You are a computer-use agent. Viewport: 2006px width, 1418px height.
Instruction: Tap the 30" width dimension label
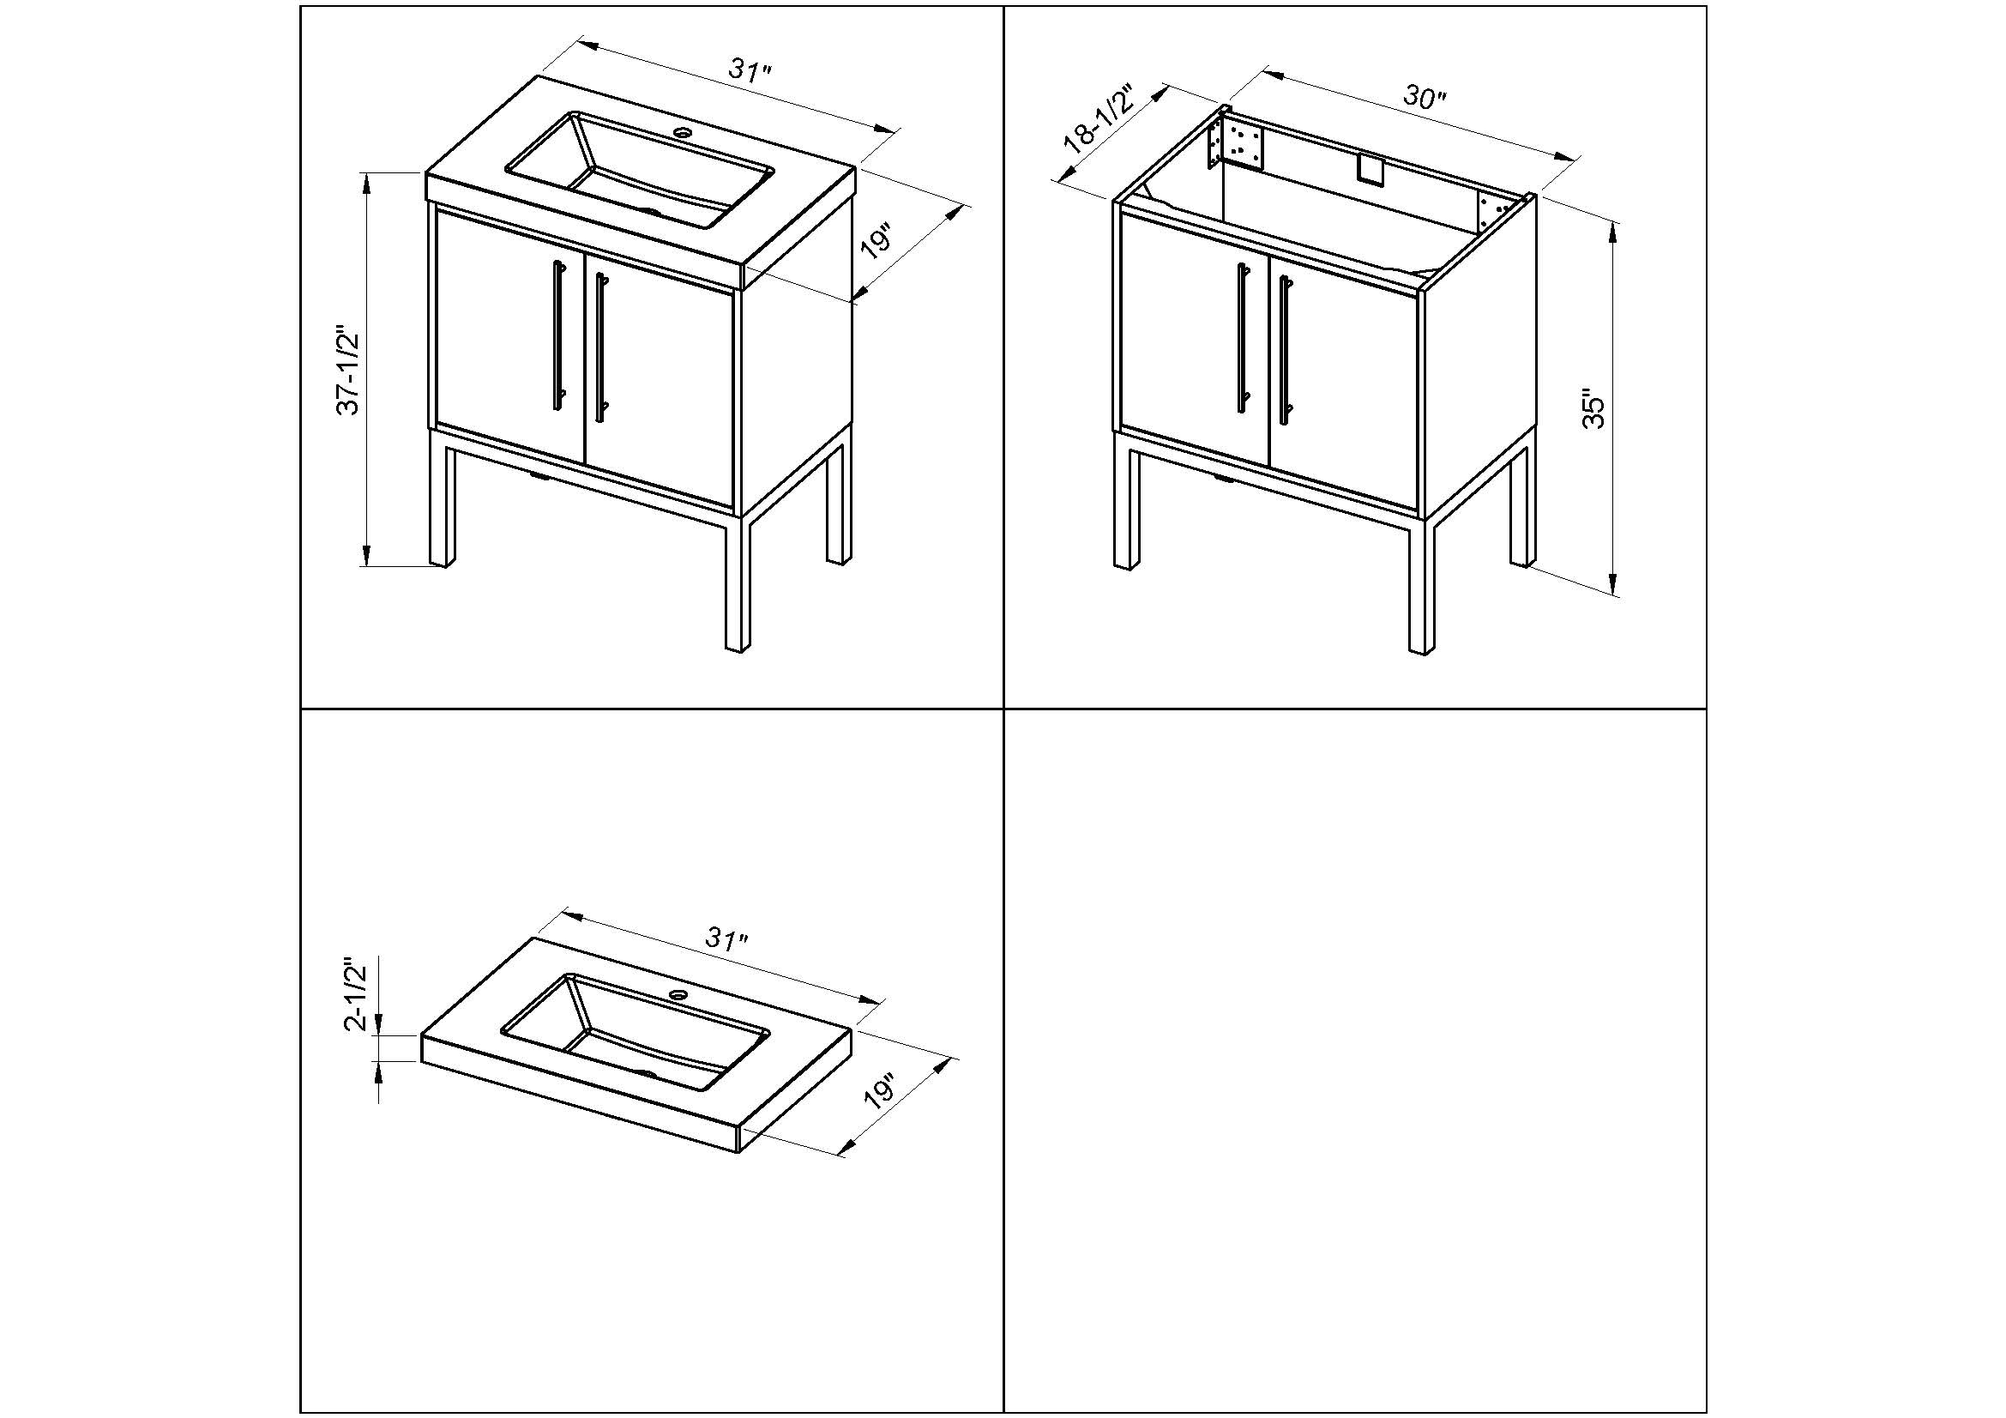1425,97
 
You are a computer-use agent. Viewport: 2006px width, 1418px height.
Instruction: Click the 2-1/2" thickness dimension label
358,994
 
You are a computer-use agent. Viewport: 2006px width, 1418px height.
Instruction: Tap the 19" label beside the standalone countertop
879,1092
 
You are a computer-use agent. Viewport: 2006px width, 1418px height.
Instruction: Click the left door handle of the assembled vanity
557,335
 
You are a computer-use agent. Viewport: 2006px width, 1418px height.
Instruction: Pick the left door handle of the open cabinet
1243,336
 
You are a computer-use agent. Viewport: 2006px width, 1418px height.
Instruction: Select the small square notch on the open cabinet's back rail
1371,170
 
